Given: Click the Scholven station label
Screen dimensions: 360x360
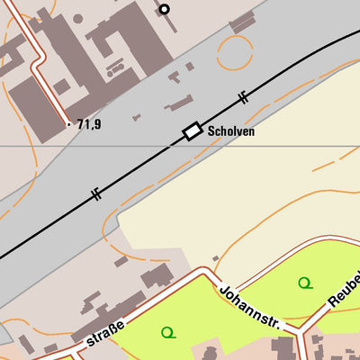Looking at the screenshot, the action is click(231, 131).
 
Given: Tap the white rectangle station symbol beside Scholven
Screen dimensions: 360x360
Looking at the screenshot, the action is click(192, 131).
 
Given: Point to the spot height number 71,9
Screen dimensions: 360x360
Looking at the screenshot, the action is click(88, 124).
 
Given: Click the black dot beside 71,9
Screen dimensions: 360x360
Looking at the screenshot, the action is click(68, 123).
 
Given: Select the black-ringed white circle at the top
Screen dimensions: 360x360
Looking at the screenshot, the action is click(164, 10).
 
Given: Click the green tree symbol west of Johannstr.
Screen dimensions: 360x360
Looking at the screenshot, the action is click(167, 333).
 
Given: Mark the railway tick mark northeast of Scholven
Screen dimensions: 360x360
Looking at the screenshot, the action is click(243, 96).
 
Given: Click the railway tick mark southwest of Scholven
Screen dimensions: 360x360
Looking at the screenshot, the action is click(95, 194).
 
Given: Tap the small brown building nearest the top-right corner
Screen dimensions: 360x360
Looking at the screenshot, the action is click(242, 22).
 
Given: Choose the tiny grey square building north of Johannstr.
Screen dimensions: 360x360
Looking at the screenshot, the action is click(215, 258).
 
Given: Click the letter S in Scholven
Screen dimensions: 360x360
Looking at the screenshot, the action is click(211, 131).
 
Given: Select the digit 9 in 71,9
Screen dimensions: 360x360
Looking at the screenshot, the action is click(96, 124).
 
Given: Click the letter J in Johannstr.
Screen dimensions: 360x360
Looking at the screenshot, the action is click(221, 288).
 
